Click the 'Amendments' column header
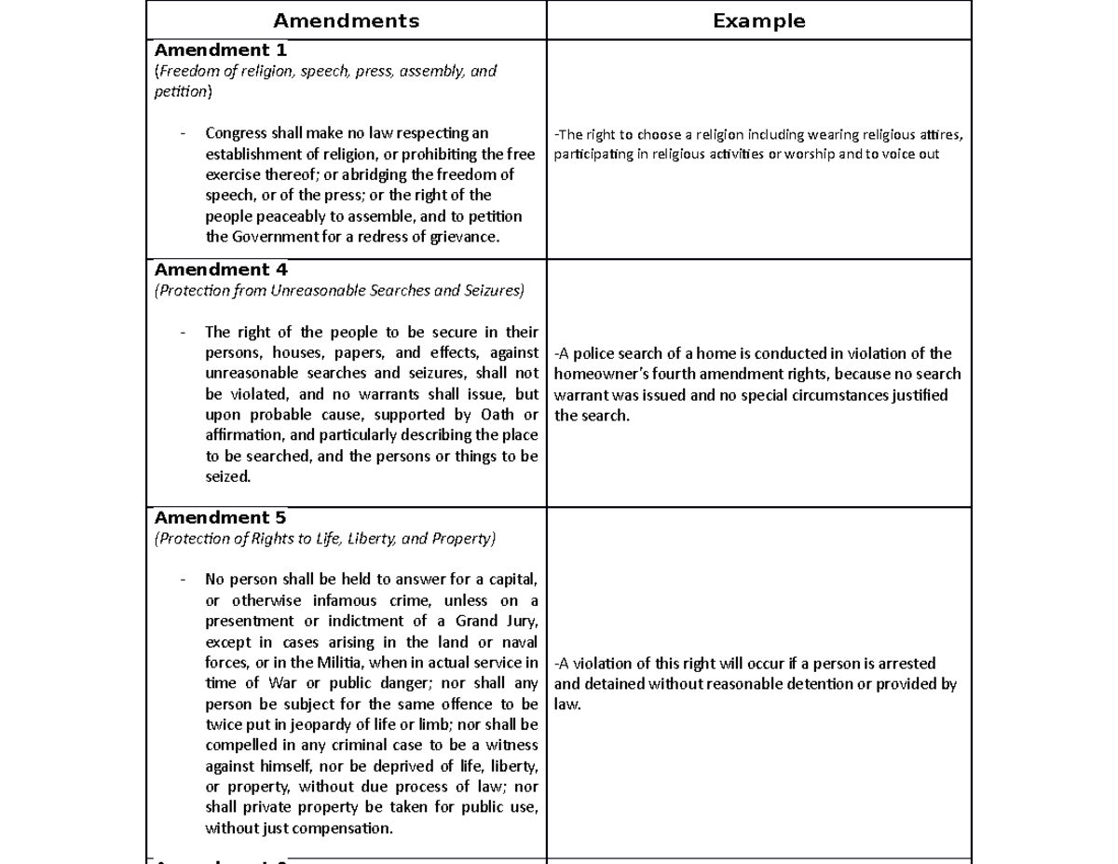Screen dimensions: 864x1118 click(x=346, y=21)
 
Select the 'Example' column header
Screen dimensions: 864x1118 click(x=758, y=21)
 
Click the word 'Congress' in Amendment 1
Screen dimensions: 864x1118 click(x=235, y=133)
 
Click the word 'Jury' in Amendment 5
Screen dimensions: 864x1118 click(x=520, y=622)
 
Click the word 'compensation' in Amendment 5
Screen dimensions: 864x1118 click(x=348, y=828)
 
